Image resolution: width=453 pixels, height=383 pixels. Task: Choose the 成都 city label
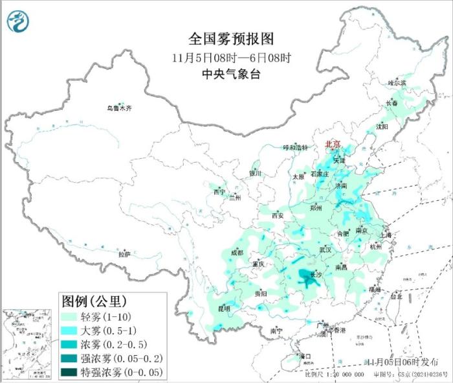point(237,253)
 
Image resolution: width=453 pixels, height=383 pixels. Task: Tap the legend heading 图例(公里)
point(93,301)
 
